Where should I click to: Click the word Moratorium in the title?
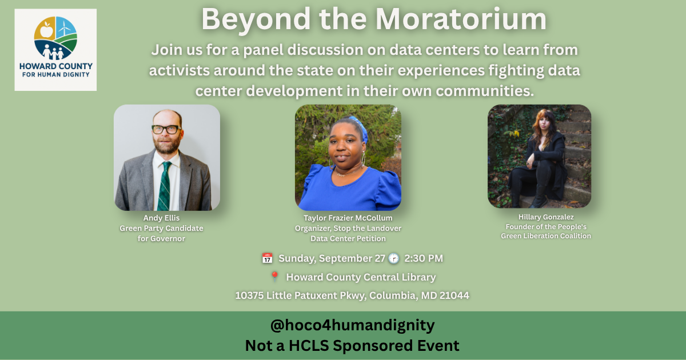click(461, 19)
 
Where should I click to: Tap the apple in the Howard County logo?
click(46, 30)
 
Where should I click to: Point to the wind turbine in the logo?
click(64, 27)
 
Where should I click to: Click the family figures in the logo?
click(53, 52)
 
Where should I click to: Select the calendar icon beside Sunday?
click(267, 258)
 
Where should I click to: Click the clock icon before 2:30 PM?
click(393, 258)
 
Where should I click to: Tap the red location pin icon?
click(275, 277)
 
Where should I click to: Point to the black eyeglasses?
click(166, 130)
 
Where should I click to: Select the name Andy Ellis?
click(161, 218)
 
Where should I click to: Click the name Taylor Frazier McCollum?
click(348, 218)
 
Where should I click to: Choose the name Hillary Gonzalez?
click(546, 217)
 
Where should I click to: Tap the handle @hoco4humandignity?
click(352, 325)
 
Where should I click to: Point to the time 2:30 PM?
click(424, 258)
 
